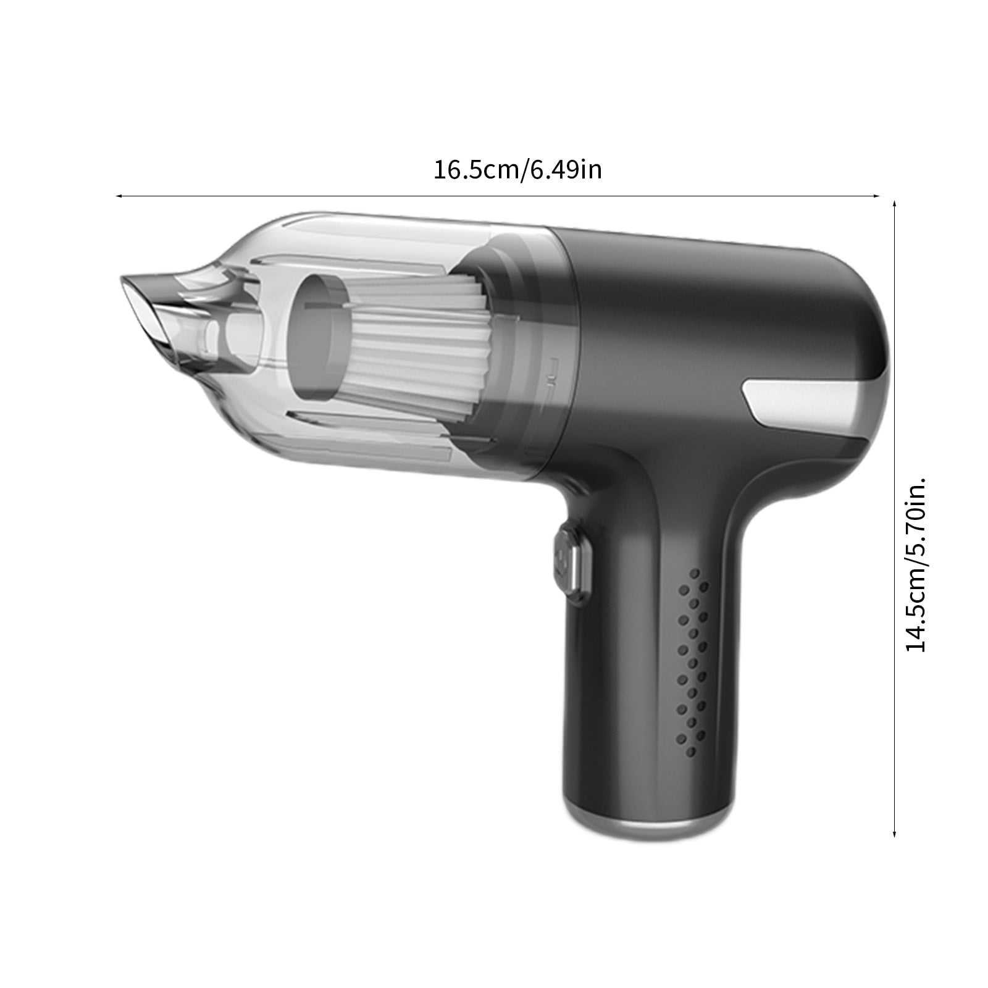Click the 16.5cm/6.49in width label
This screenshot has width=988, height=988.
[517, 169]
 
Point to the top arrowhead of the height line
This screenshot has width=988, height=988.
[895, 203]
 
